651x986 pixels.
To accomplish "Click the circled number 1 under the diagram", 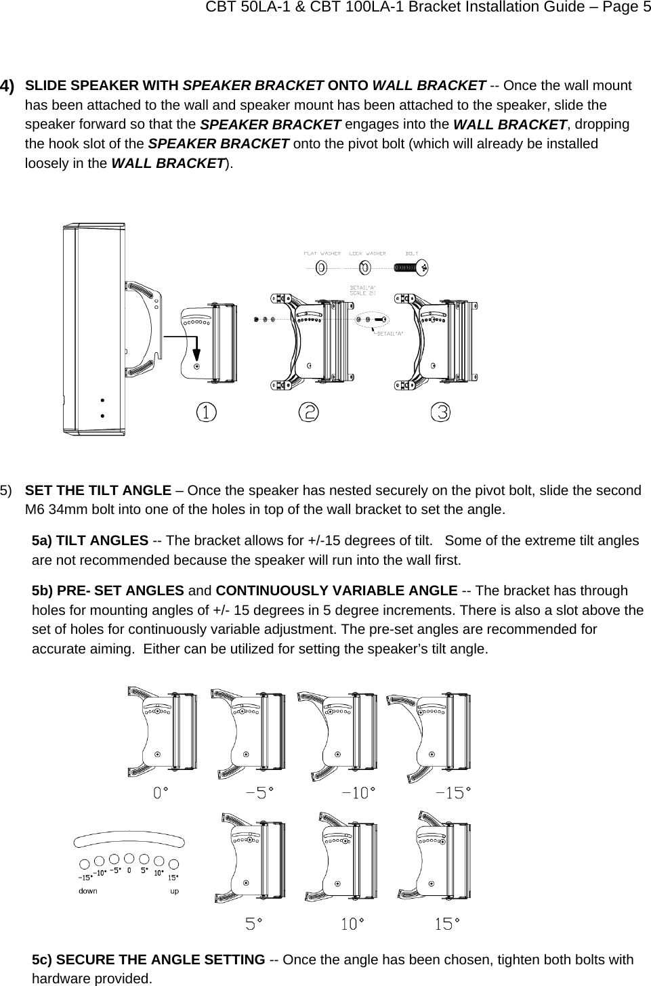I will [207, 412].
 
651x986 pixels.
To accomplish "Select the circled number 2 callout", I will [309, 412].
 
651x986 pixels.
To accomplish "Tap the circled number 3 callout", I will [441, 412].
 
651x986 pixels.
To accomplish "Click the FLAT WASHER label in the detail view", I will [322, 253].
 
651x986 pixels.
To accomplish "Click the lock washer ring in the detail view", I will [365, 267].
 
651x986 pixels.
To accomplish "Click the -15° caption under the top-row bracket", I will [453, 792].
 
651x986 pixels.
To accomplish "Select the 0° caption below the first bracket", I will [161, 792].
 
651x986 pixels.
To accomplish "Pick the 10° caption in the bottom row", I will [350, 923].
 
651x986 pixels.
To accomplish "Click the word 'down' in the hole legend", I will [88, 891].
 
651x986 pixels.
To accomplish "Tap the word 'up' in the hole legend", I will [174, 891].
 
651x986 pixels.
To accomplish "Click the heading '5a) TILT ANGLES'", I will [91, 540].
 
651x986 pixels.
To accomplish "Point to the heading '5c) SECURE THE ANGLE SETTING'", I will [148, 960].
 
